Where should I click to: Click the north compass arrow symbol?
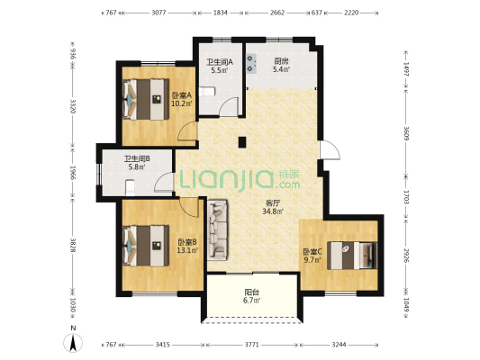point(73,343)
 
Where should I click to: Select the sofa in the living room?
point(217,230)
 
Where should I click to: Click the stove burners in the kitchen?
point(251,64)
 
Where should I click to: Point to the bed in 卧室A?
point(146,99)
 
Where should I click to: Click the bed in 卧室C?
point(352,256)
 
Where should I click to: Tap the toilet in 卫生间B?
point(130,187)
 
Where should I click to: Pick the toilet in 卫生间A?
point(207,92)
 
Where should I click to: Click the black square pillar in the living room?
point(242,142)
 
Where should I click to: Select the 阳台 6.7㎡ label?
point(251,296)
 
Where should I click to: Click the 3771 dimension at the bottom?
point(251,345)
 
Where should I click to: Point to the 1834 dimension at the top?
point(221,13)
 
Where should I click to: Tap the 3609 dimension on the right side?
point(406,133)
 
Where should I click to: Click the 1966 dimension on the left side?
point(73,173)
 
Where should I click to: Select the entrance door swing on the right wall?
point(330,150)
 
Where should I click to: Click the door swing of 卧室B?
point(189,207)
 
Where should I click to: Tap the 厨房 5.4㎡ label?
point(281,66)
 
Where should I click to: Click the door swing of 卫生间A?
point(230,106)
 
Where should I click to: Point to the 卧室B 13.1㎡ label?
point(187,247)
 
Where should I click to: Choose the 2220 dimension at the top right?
point(351,13)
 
